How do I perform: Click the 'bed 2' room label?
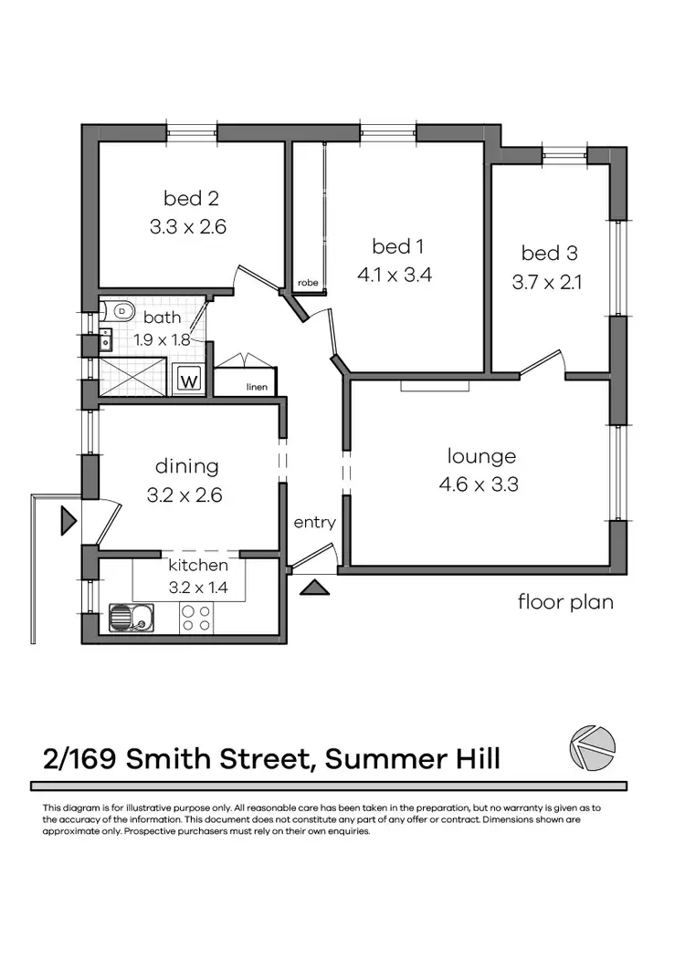(x=191, y=198)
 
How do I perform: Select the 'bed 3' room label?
(x=549, y=253)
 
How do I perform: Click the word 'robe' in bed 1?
(x=306, y=284)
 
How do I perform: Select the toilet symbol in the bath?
(x=119, y=311)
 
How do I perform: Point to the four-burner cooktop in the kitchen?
(x=195, y=619)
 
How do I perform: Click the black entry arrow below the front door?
(x=313, y=587)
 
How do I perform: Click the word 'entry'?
(x=314, y=523)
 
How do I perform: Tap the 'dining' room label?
(x=186, y=466)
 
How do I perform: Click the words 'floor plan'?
(x=565, y=601)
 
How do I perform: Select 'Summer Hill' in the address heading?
(x=413, y=758)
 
